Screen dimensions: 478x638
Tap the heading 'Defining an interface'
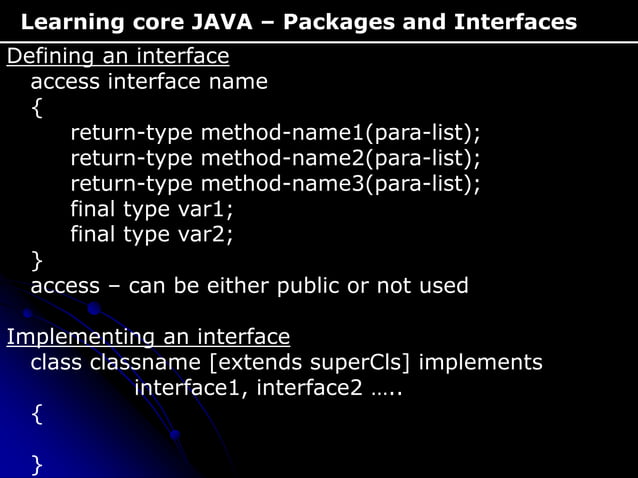coord(118,56)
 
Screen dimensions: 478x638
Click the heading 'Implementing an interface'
coord(148,336)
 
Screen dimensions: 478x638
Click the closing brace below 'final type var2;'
coord(37,261)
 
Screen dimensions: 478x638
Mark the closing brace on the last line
coord(37,463)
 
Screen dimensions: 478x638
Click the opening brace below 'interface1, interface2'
coord(37,413)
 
